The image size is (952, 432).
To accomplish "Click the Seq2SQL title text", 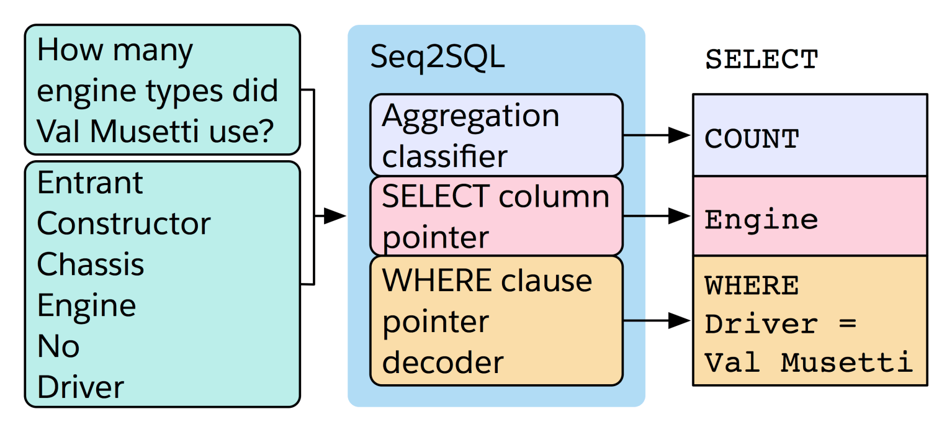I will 437,58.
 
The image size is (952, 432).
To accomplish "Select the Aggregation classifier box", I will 496,135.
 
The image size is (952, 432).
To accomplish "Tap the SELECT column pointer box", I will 496,216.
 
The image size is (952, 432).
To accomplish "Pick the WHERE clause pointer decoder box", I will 496,321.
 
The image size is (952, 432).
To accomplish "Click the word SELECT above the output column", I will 761,60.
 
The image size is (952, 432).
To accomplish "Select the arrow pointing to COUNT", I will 658,135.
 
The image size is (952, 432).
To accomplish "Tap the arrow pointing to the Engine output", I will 658,216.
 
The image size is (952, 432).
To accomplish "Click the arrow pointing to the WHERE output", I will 658,321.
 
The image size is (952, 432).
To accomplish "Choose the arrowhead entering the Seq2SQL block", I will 335,216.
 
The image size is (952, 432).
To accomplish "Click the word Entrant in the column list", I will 90,183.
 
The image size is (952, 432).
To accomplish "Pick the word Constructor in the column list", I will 123,224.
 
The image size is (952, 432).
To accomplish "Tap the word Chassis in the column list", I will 91,265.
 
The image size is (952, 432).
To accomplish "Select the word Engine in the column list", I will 86,306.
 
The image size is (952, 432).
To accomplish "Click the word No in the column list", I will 58,346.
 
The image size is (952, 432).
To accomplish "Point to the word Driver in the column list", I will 81,387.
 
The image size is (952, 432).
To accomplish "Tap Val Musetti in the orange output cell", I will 809,362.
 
